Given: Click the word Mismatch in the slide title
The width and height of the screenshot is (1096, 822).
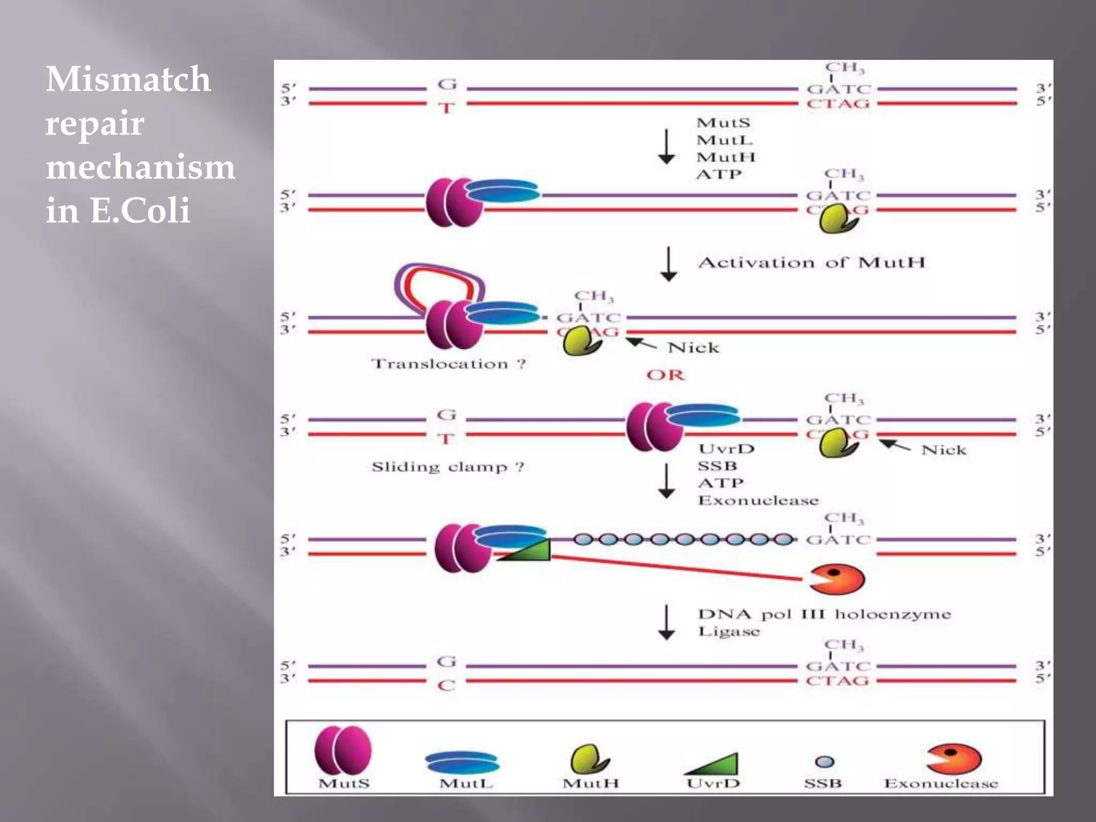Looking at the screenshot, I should (128, 80).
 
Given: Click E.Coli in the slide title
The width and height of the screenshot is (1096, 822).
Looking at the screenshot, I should (140, 210).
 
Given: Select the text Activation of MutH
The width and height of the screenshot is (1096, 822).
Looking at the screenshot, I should (811, 263).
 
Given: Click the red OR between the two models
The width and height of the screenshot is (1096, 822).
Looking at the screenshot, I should (665, 375).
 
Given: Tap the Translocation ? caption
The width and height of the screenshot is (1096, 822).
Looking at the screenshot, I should (448, 364).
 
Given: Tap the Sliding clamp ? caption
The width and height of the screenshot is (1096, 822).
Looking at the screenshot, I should (447, 467).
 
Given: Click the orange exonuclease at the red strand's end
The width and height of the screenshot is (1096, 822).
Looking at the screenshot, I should (837, 579).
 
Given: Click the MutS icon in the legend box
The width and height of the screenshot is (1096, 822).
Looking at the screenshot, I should (343, 750).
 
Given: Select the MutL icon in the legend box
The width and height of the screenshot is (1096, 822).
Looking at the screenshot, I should (462, 762).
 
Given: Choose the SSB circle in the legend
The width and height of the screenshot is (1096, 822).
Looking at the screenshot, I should (824, 762).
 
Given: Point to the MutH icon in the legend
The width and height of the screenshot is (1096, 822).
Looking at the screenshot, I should (588, 759).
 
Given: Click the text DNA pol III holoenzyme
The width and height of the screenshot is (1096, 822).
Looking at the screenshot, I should (824, 614).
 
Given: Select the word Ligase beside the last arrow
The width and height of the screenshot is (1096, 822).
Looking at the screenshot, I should (729, 631).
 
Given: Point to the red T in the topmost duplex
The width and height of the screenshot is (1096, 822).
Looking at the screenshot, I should (447, 109).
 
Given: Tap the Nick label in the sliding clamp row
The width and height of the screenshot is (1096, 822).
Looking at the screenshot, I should (943, 450).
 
